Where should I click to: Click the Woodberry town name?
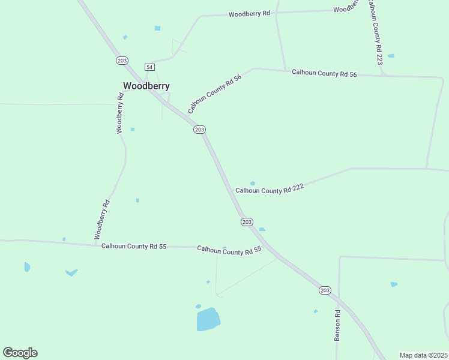click(146, 86)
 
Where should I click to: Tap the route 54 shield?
click(149, 67)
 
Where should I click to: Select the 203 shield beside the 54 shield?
click(122, 61)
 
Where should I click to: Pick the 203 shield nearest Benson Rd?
click(325, 290)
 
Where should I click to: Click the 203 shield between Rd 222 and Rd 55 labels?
click(247, 222)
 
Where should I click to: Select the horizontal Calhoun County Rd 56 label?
click(324, 73)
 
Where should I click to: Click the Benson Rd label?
click(337, 326)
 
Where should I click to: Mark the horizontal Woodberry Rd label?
click(249, 13)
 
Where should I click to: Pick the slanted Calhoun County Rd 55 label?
click(229, 250)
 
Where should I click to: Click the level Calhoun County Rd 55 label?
click(133, 246)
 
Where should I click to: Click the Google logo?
click(20, 353)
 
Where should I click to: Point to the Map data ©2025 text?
click(423, 355)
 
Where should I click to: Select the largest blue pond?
click(208, 319)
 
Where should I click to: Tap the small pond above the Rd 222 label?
click(253, 183)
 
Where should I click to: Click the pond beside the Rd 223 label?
click(391, 56)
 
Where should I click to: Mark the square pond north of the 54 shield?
click(157, 28)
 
